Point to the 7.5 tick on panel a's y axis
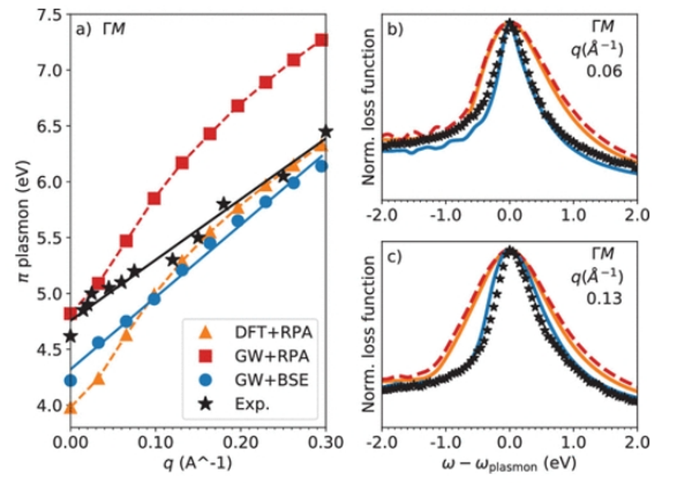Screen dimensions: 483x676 pos(45,15)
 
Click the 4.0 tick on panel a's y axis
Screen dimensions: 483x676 pos(45,406)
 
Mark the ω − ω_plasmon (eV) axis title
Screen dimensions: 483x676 pos(510,467)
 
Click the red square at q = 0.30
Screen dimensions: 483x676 pos(322,40)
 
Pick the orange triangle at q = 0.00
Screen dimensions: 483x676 pos(71,407)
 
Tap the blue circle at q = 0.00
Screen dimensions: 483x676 pos(71,380)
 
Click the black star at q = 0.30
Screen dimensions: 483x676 pos(326,132)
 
